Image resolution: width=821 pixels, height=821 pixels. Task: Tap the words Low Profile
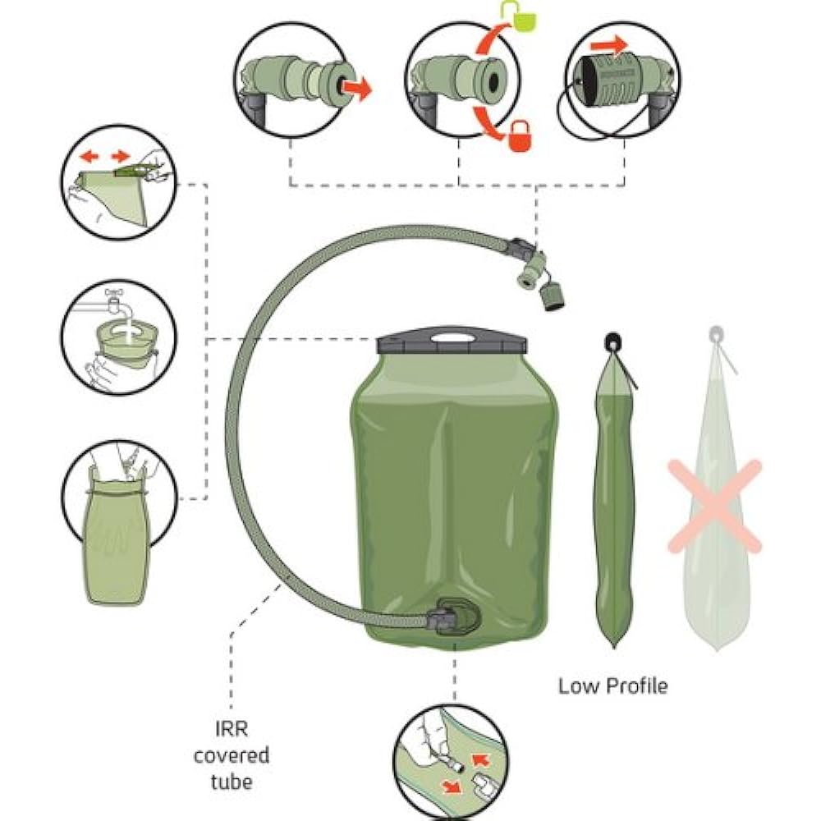coord(612,686)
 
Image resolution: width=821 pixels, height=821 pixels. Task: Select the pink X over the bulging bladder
coord(714,506)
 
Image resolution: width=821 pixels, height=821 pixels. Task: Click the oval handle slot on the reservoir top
coord(451,336)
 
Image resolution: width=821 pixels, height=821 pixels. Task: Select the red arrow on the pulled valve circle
coord(355,87)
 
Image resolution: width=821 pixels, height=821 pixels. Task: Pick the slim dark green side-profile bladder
coord(611,509)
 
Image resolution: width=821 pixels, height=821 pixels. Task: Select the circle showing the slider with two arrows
coord(120,181)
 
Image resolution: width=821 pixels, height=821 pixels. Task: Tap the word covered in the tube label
coord(231,754)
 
